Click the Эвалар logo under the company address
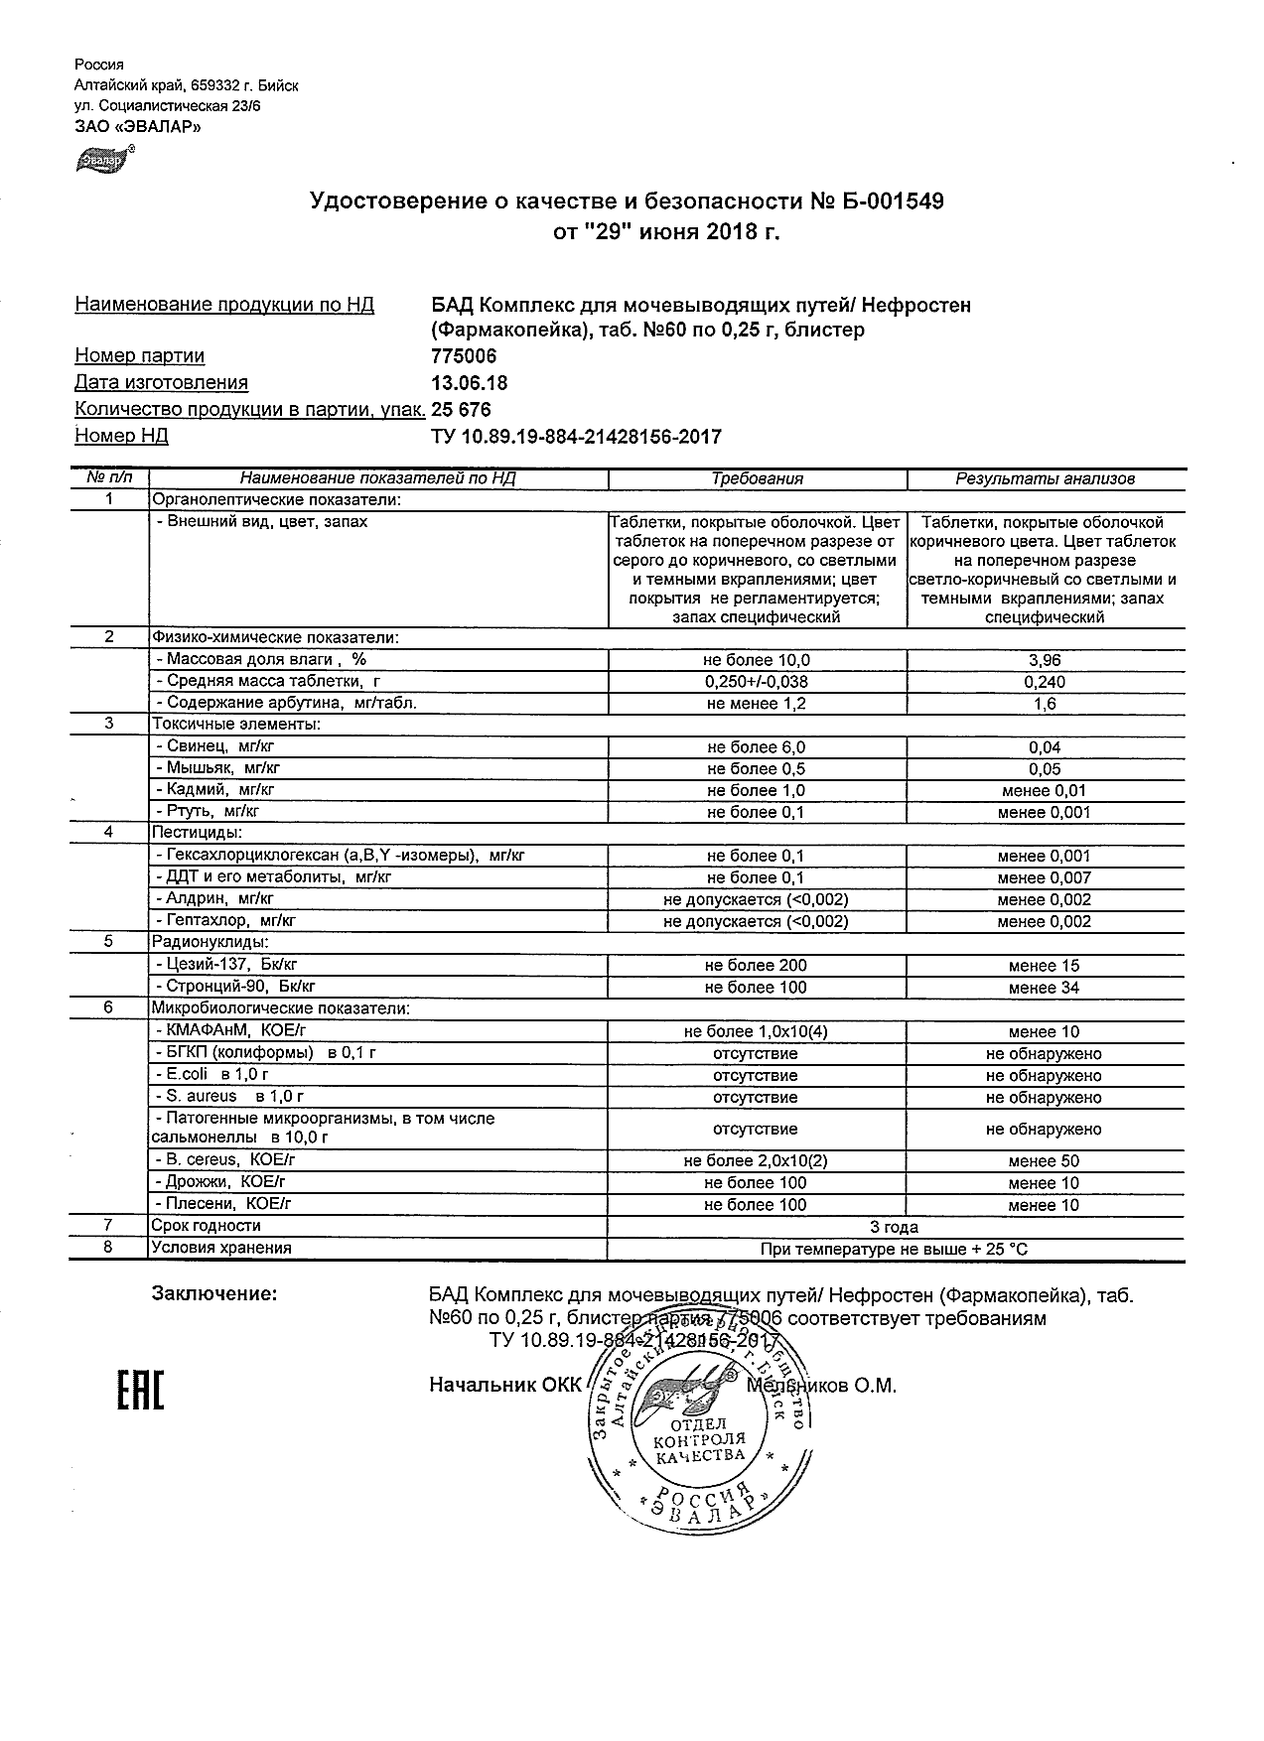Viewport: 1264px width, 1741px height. click(103, 158)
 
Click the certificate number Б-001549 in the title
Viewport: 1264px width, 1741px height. click(892, 202)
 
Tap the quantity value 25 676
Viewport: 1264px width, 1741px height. click(461, 410)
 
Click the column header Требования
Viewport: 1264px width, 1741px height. click(757, 478)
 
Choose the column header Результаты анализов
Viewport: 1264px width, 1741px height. click(1045, 478)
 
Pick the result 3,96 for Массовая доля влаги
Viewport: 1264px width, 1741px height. click(1045, 660)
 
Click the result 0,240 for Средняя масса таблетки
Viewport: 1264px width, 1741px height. click(1045, 682)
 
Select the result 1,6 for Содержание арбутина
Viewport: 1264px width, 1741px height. click(1045, 704)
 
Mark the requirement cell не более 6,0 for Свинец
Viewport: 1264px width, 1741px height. click(756, 747)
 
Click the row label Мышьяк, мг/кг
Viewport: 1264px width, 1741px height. click(218, 768)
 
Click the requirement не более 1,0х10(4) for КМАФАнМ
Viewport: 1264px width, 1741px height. click(756, 1031)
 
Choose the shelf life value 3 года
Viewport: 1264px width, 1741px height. click(894, 1227)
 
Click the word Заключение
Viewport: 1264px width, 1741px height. click(213, 1294)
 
